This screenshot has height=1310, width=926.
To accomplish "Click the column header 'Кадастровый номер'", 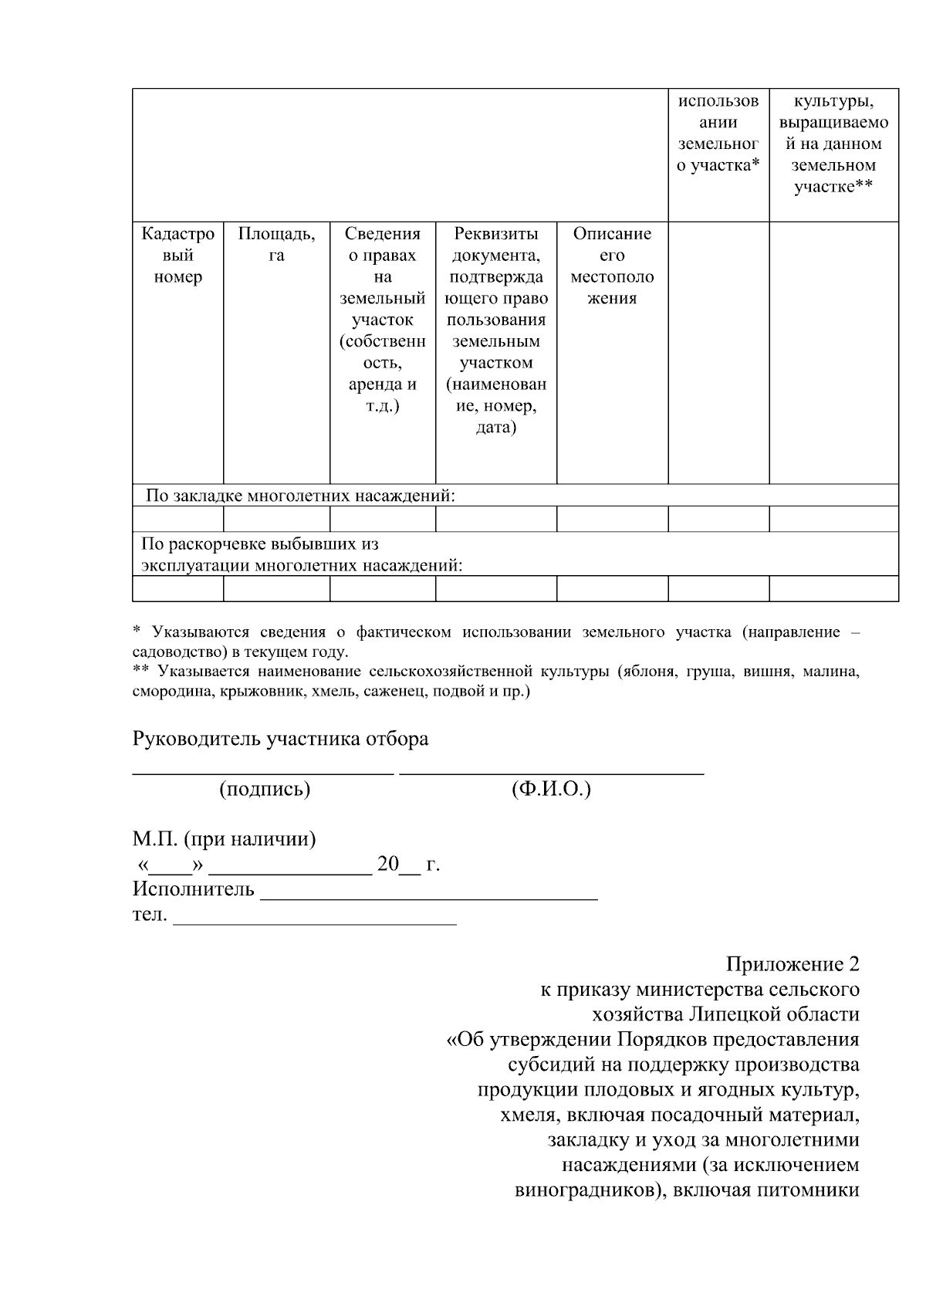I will point(177,256).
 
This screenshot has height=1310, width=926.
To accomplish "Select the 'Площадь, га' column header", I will point(276,245).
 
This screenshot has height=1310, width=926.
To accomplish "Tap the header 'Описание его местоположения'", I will point(612,266).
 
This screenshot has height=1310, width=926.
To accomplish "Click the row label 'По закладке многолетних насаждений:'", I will point(301,496).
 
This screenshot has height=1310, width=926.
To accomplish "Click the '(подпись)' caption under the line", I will point(265,789).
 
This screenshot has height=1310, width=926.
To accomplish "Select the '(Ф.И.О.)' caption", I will point(551,789).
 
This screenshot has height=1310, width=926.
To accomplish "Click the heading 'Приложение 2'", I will point(792,964).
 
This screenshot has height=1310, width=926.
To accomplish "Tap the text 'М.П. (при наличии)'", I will point(224,838).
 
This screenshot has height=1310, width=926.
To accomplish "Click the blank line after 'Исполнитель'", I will point(429,895).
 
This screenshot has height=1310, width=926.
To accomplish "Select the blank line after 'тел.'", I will point(315,920).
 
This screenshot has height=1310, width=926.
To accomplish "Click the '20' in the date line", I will point(387,864).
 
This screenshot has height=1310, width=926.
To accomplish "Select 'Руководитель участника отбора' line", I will point(280,739).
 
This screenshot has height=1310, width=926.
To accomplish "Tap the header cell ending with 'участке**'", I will point(833,144).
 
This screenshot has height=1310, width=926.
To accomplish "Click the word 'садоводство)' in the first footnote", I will point(171,651).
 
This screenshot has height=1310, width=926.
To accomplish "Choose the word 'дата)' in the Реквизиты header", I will point(495,427).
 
